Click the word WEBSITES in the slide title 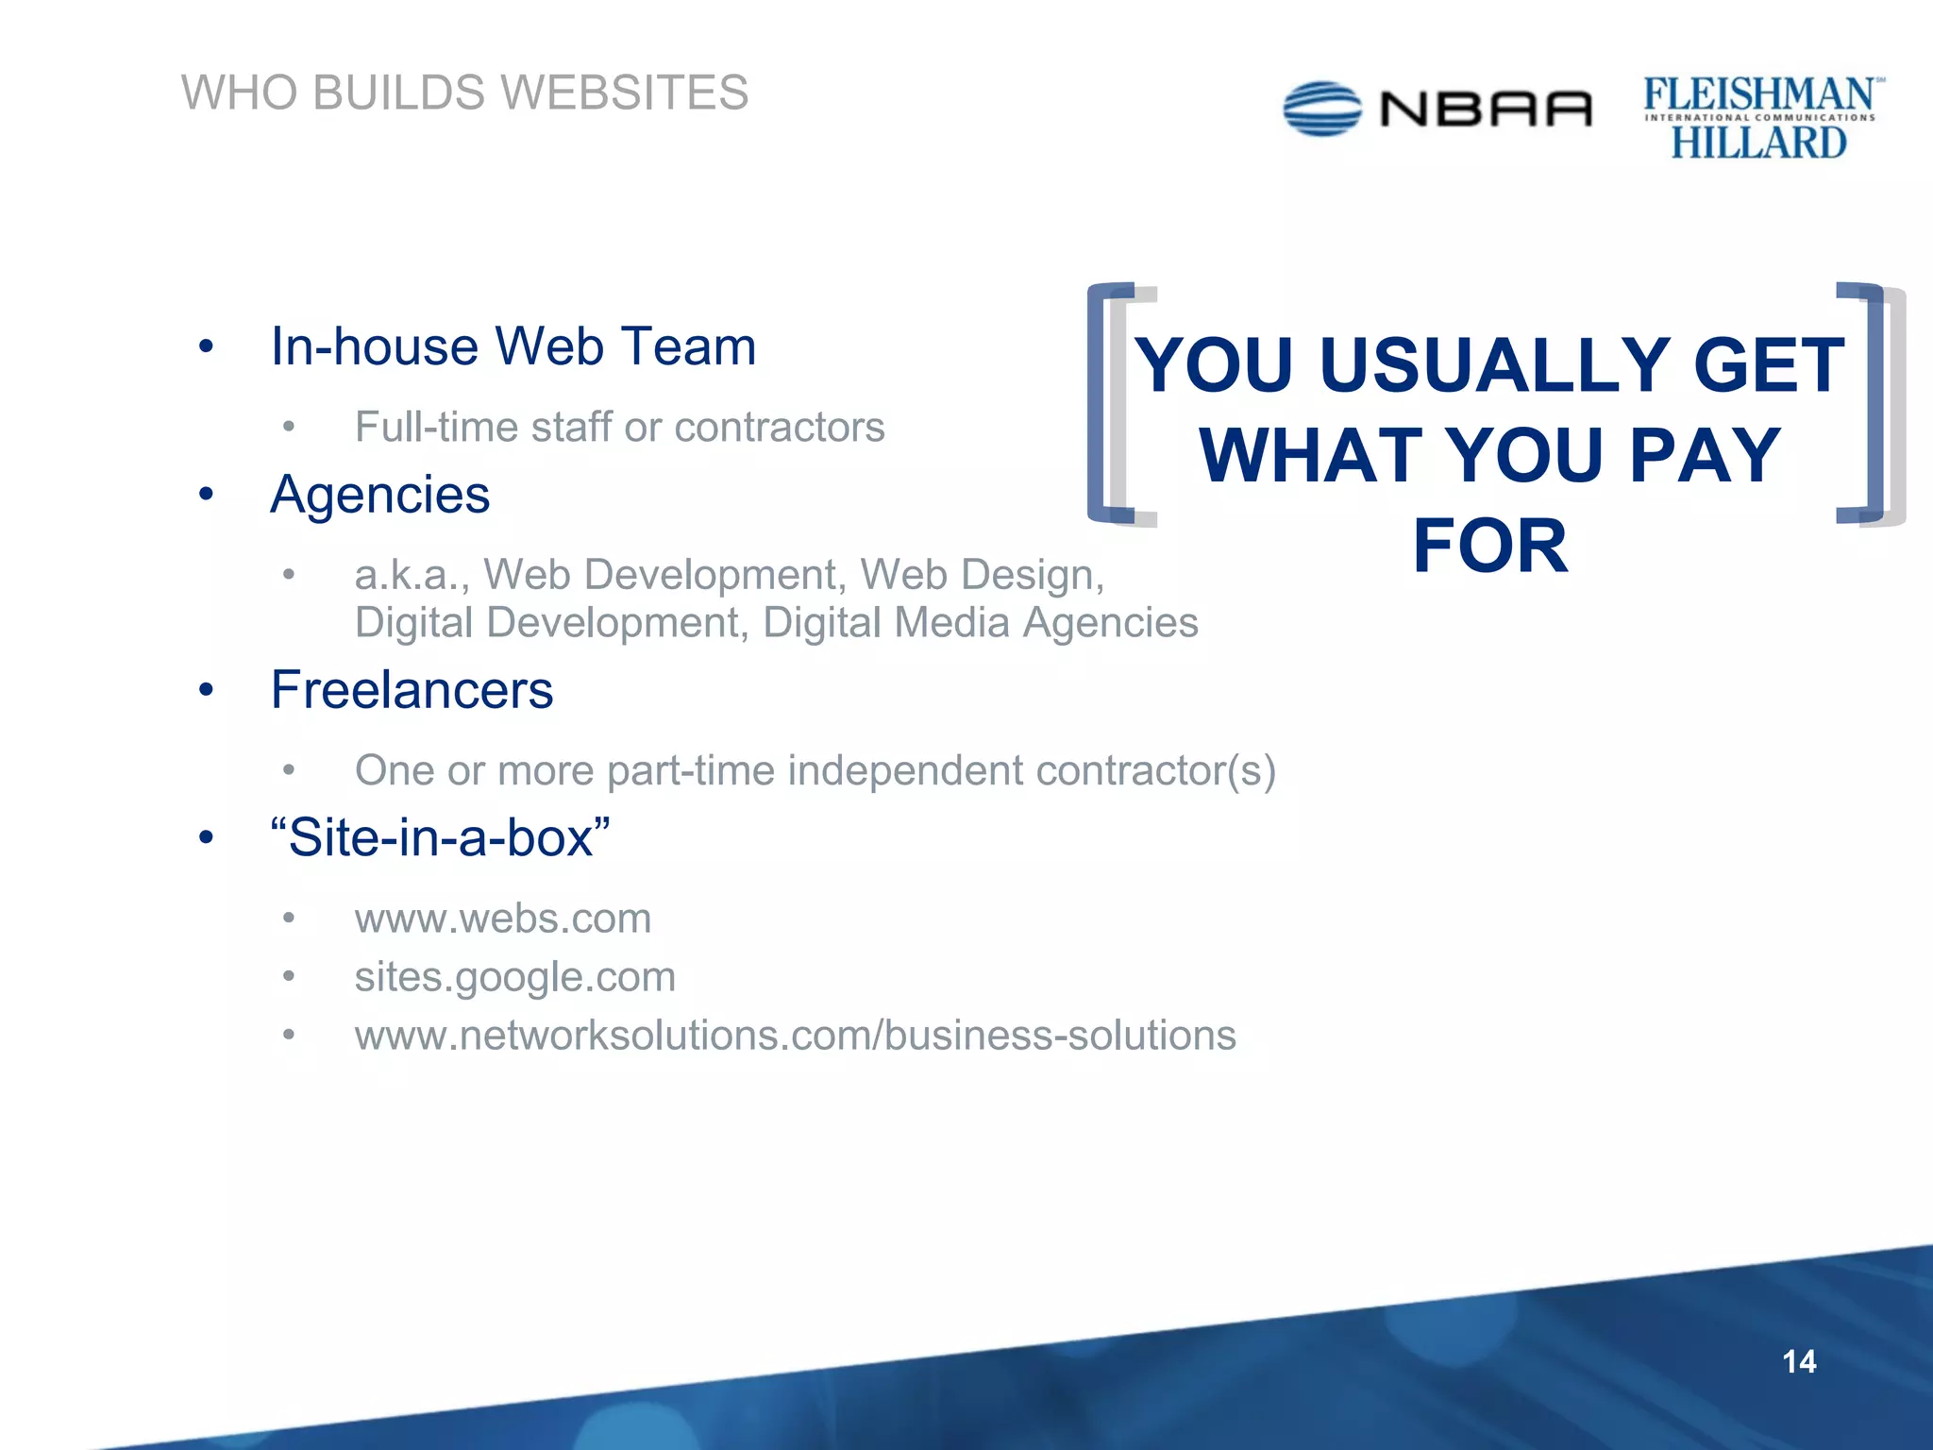[624, 93]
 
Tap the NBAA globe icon [1321, 109]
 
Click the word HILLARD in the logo [1758, 143]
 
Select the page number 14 [1799, 1361]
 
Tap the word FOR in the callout [1490, 547]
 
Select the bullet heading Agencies [380, 495]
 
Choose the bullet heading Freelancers [412, 690]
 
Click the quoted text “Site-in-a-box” [440, 837]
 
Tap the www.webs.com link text [503, 919]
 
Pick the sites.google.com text [515, 977]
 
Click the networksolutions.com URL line [795, 1036]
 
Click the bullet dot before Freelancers [207, 690]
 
